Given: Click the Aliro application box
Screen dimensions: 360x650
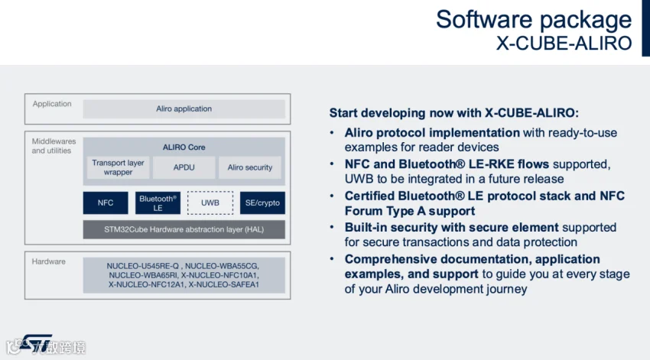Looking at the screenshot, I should pyautogui.click(x=184, y=109).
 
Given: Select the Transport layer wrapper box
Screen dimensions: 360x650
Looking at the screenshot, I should pyautogui.click(x=118, y=167).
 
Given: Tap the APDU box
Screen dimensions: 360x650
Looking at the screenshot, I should pyautogui.click(x=184, y=167).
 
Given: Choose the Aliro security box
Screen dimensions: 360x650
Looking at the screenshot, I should pyautogui.click(x=250, y=167).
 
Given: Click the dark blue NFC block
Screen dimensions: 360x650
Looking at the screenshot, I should pyautogui.click(x=106, y=203).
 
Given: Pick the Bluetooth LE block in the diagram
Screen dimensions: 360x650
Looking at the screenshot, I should pyautogui.click(x=158, y=203).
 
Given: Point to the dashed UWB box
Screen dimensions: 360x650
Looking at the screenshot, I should pyautogui.click(x=210, y=203).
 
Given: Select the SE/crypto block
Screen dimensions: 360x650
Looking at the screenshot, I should pyautogui.click(x=262, y=203).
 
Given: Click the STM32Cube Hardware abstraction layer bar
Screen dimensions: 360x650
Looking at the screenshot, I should pyautogui.click(x=184, y=229).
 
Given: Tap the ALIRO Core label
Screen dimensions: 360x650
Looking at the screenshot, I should pyautogui.click(x=184, y=147).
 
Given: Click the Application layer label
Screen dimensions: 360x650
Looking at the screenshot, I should pyautogui.click(x=52, y=104).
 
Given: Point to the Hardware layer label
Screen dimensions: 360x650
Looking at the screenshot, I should pyautogui.click(x=49, y=261).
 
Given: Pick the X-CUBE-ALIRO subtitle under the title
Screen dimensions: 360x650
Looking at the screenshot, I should pyautogui.click(x=564, y=43).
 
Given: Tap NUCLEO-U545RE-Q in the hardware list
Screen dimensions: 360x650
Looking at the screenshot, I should pyautogui.click(x=143, y=266).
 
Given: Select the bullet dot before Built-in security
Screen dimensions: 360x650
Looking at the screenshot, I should pyautogui.click(x=333, y=228).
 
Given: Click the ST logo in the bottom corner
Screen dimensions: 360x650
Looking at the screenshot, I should pyautogui.click(x=35, y=345).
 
